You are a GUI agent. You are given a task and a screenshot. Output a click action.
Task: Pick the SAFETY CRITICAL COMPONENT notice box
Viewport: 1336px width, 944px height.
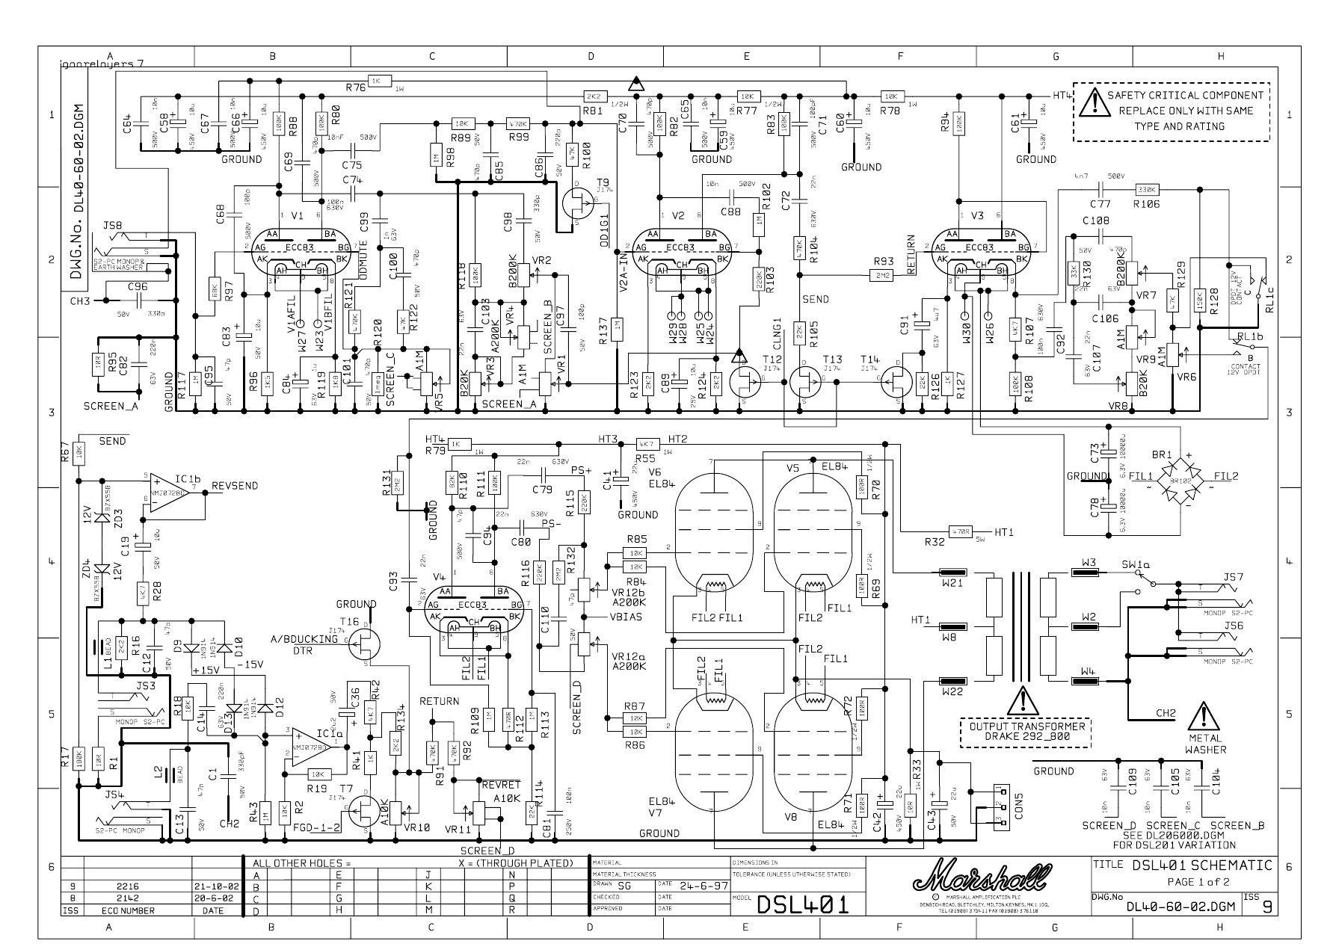point(1171,111)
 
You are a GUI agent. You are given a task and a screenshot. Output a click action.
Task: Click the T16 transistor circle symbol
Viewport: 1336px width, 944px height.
point(365,644)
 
